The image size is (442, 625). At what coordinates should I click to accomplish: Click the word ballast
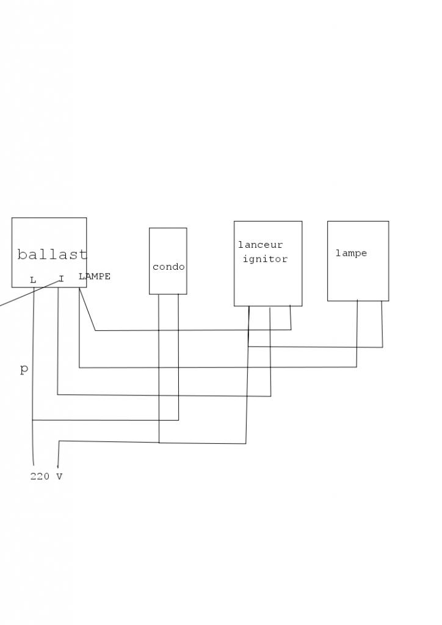(52, 255)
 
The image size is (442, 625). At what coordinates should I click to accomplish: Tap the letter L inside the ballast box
(33, 280)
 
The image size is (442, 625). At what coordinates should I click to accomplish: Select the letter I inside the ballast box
(61, 279)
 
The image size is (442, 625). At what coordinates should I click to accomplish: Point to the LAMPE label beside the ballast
(95, 276)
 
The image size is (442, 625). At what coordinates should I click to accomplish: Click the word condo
(168, 267)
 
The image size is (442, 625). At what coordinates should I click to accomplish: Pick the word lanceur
(261, 245)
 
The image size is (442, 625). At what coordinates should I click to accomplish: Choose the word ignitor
(265, 259)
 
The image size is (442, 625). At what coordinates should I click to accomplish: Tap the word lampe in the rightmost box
(351, 253)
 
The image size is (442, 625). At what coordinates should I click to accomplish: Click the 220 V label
(46, 477)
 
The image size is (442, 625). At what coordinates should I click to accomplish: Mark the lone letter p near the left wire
(24, 369)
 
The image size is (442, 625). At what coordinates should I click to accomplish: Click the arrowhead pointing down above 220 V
(58, 466)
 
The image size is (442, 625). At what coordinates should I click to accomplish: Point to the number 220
(40, 477)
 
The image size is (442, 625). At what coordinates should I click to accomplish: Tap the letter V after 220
(59, 477)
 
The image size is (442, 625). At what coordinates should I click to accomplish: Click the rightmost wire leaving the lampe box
(382, 323)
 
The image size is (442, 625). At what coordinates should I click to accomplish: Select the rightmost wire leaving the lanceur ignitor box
(290, 317)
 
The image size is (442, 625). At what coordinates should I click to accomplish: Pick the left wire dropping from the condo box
(159, 366)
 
